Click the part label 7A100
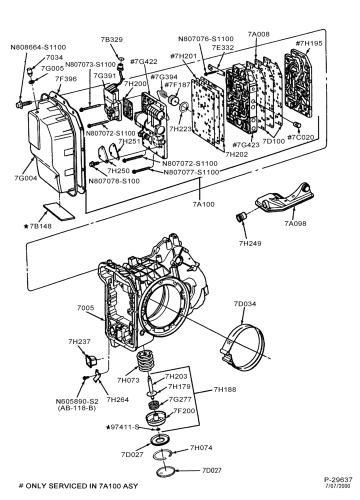coord(203,204)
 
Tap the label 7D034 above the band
coord(245,304)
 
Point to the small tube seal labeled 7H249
coord(241,217)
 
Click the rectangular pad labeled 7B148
coord(59,212)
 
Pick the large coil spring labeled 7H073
coord(145,361)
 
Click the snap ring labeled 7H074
coord(163,454)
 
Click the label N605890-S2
coord(77,401)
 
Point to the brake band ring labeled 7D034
coord(243,347)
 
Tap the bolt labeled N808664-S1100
coord(23,104)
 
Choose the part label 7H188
coord(225,389)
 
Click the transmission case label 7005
coord(85,307)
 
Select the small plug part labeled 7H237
coord(90,360)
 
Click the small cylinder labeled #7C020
coord(297,124)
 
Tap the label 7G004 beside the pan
coord(25,178)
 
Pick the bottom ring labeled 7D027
coord(166,471)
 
